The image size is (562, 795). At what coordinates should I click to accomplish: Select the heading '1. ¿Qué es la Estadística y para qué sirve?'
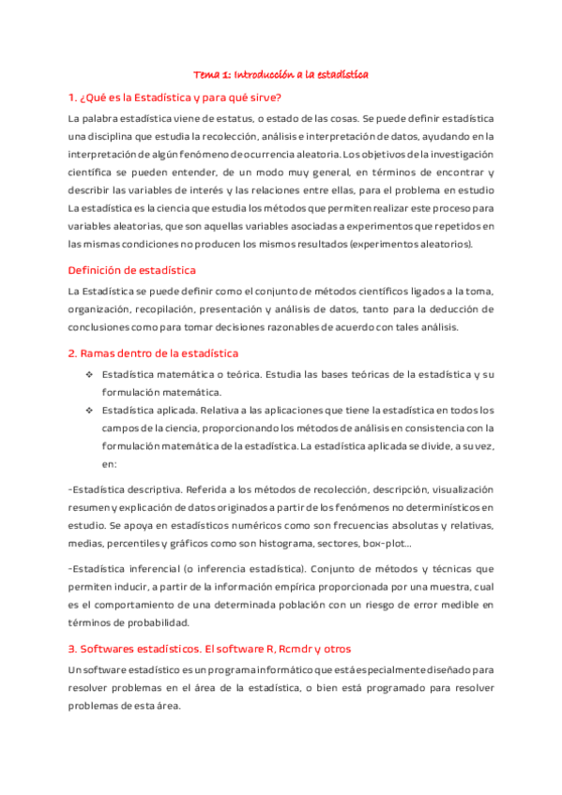pyautogui.click(x=175, y=97)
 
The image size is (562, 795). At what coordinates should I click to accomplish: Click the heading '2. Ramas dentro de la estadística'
pyautogui.click(x=153, y=352)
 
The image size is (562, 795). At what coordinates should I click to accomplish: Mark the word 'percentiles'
pyautogui.click(x=131, y=543)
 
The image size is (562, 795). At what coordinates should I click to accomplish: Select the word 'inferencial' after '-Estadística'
pyautogui.click(x=150, y=569)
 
